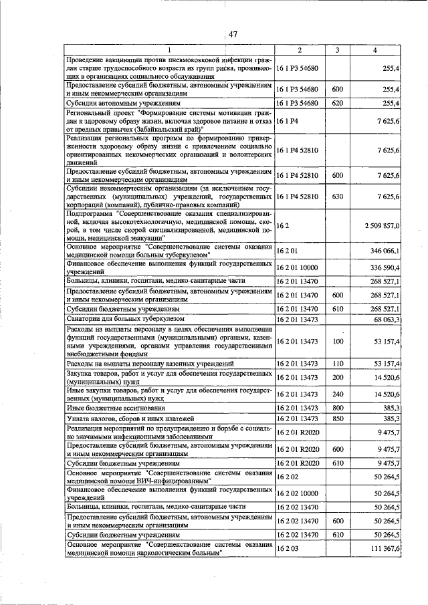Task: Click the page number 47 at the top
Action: point(233,35)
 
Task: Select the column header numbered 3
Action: point(337,51)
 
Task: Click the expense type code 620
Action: point(337,104)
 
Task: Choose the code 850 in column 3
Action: point(337,418)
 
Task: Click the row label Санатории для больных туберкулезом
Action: point(125,320)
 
